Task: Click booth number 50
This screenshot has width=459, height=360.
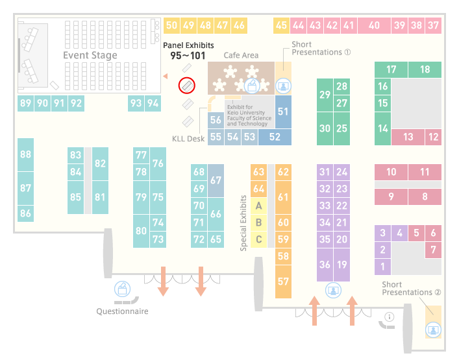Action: [x=171, y=25]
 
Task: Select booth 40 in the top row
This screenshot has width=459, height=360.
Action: [x=374, y=25]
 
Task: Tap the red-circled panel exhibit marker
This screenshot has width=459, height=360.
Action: [x=187, y=86]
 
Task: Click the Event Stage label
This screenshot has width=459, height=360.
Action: [x=90, y=55]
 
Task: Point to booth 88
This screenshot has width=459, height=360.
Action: [x=25, y=154]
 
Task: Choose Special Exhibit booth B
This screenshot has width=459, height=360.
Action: [x=258, y=222]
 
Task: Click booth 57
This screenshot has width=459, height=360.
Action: [x=283, y=282]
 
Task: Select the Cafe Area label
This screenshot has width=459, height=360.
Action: [x=241, y=55]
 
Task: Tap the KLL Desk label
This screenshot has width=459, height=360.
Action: [x=188, y=139]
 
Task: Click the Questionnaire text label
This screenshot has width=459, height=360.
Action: [x=122, y=311]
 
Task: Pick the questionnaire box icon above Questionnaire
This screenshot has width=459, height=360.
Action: [x=122, y=289]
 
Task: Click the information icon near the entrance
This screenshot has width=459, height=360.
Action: [x=390, y=317]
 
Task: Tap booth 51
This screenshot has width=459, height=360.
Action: [x=283, y=112]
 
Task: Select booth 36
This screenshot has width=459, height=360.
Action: [x=325, y=265]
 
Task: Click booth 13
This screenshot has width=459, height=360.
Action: [x=408, y=137]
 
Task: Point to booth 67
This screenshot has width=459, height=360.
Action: [x=216, y=180]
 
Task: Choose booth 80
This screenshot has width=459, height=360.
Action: [x=141, y=231]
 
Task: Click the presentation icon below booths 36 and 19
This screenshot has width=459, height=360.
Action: [x=333, y=290]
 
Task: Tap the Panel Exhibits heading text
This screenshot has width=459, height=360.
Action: [x=188, y=45]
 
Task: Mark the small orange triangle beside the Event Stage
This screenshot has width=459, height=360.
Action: [x=166, y=77]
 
